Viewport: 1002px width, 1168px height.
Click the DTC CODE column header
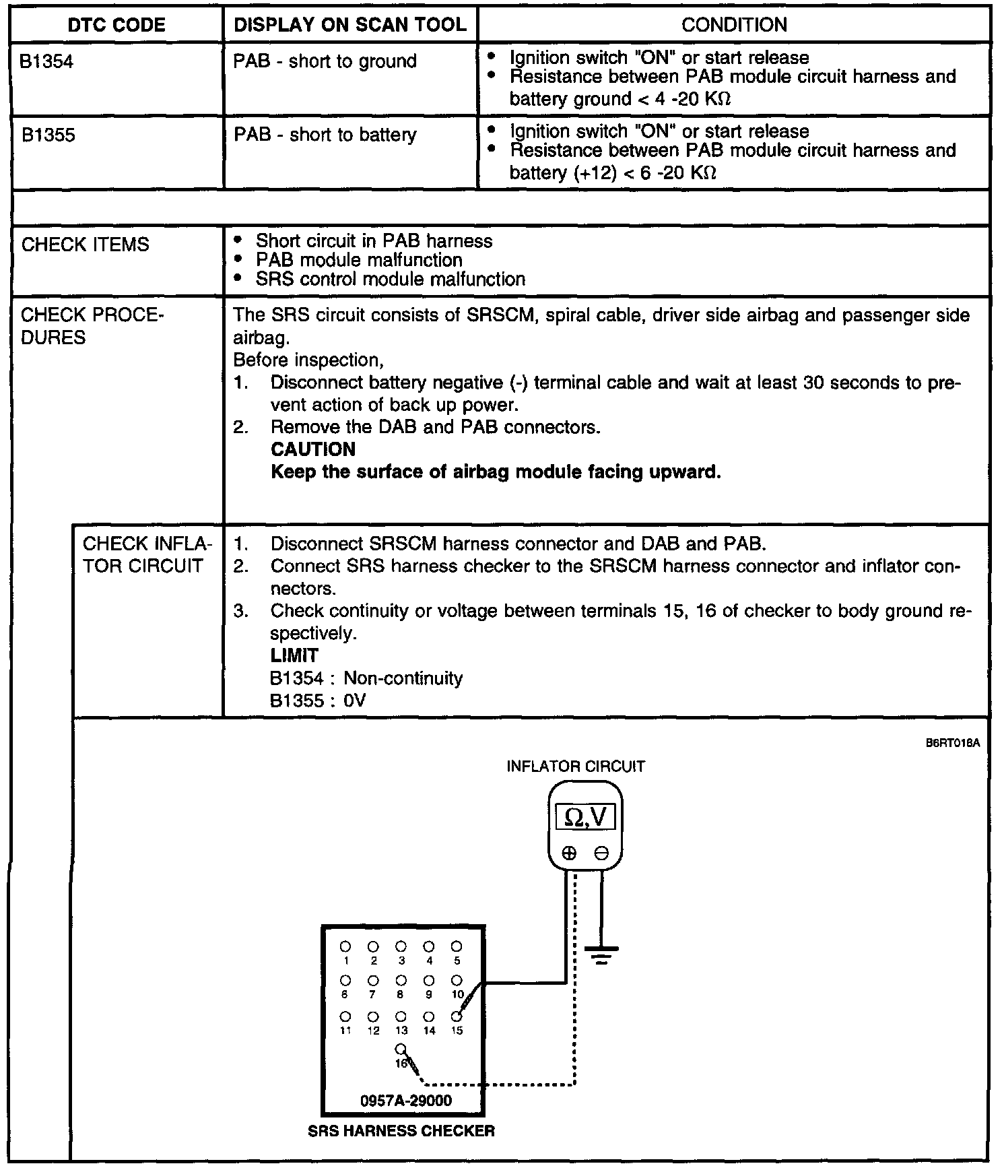point(116,25)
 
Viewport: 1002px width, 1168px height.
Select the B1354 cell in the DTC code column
point(46,61)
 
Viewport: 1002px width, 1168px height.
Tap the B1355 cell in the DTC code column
point(48,135)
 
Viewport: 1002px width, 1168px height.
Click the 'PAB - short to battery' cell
point(325,135)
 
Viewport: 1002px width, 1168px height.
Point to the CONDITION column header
point(734,25)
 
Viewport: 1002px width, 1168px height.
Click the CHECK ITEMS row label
point(85,244)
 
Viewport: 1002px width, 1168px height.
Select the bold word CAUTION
point(312,449)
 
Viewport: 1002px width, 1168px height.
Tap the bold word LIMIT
point(294,655)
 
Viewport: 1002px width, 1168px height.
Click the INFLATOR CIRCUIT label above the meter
point(576,766)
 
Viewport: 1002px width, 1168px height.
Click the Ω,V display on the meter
point(585,817)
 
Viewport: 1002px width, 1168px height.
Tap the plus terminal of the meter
point(569,853)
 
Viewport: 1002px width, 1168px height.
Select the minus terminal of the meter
point(601,853)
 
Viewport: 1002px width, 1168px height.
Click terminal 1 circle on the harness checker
point(345,946)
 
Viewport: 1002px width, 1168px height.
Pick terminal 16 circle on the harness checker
point(401,1049)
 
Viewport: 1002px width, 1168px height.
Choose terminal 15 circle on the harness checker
point(457,1016)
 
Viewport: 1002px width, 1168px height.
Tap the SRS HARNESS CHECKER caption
point(401,1131)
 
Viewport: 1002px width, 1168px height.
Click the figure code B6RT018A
point(952,743)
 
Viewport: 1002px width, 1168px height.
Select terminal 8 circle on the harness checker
point(401,980)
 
